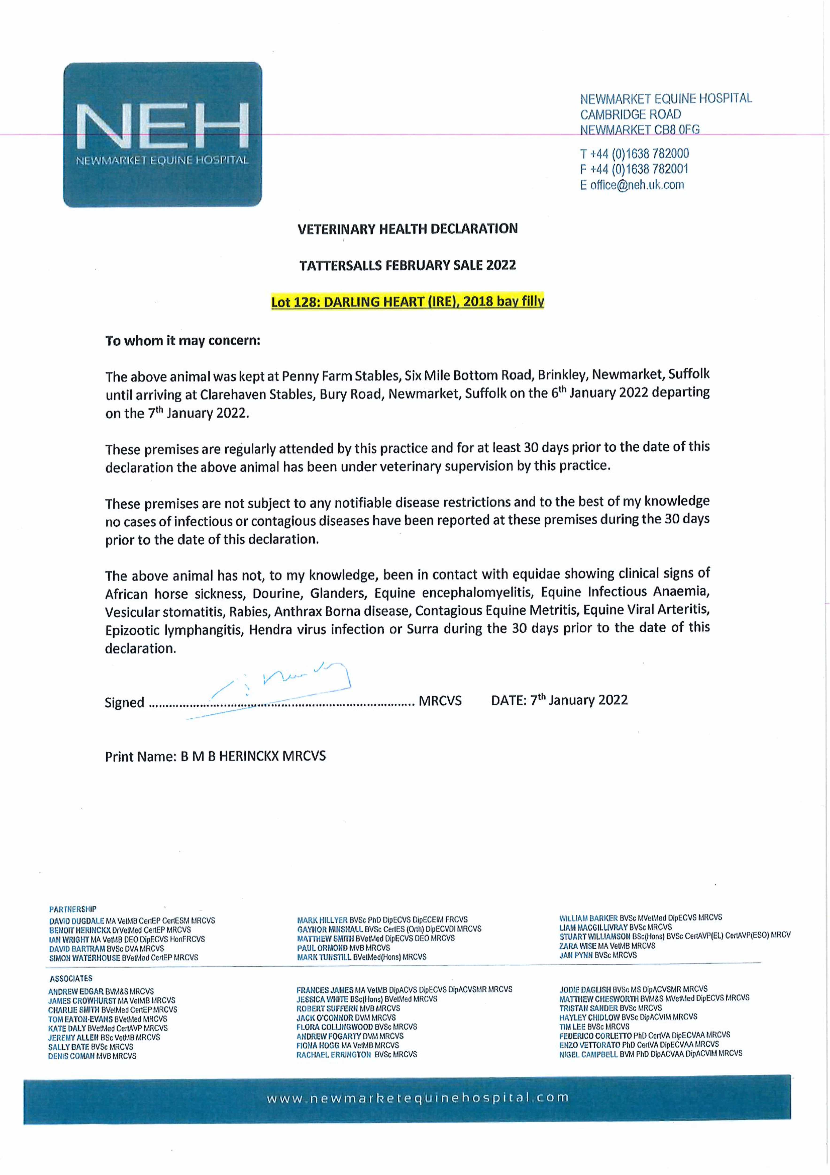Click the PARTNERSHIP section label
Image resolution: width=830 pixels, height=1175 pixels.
(x=73, y=909)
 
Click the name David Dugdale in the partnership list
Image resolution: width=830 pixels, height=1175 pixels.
(x=77, y=921)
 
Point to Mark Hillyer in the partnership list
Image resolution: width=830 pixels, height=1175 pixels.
(x=322, y=920)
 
